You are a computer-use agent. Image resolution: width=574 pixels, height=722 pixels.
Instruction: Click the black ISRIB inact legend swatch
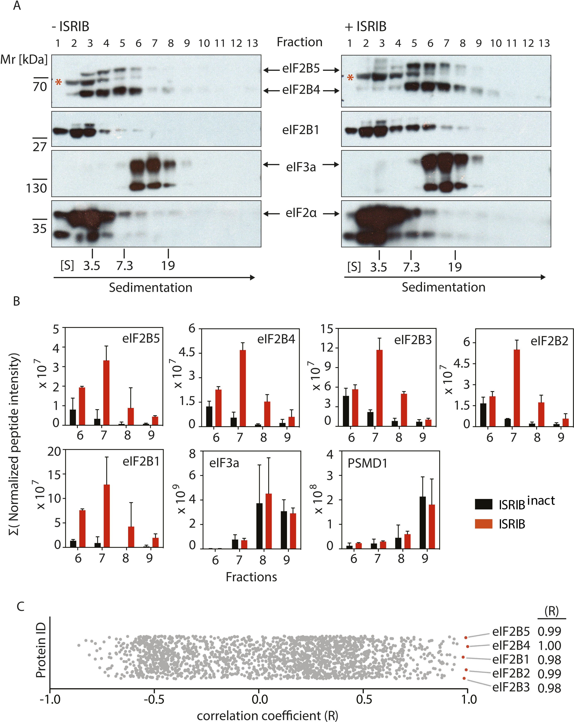(x=483, y=504)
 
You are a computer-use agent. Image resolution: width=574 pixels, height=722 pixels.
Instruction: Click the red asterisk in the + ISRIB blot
(x=350, y=78)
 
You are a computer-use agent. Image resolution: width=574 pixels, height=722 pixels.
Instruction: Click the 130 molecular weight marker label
(x=36, y=188)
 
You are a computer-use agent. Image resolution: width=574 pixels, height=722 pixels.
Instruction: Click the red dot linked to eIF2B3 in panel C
(x=464, y=678)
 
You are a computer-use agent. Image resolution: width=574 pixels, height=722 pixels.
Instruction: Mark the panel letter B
(x=16, y=301)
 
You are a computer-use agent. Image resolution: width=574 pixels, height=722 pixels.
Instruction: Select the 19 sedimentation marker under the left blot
(x=168, y=266)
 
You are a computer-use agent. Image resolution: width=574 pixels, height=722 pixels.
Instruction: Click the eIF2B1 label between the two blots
(x=300, y=130)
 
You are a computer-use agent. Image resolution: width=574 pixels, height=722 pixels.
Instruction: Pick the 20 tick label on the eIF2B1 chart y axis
(x=54, y=451)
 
